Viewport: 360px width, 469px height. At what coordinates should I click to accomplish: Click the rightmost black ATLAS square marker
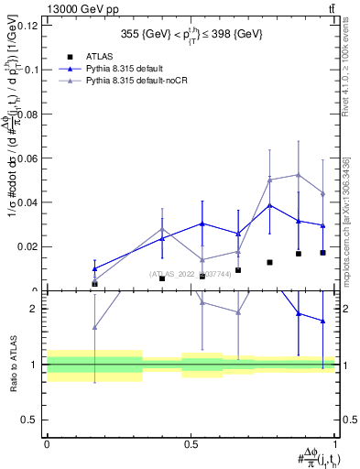tap(322, 253)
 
